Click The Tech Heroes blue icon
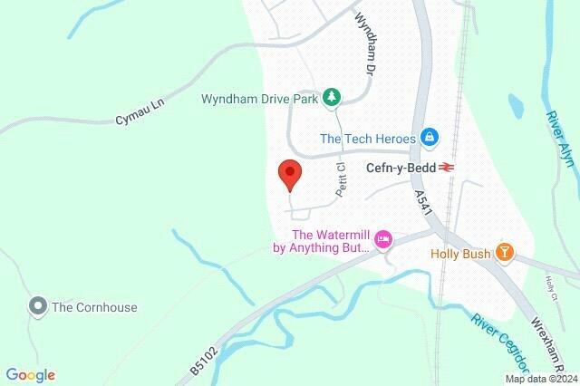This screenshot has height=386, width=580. (x=430, y=139)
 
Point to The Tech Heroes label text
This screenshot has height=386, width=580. (x=368, y=139)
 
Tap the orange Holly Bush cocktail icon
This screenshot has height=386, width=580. (x=504, y=254)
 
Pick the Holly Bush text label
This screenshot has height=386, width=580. (x=459, y=254)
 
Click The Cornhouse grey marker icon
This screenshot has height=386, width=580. (x=37, y=306)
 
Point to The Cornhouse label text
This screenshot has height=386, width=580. (x=95, y=307)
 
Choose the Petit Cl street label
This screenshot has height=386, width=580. (x=343, y=179)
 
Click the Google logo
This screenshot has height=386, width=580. (x=30, y=375)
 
